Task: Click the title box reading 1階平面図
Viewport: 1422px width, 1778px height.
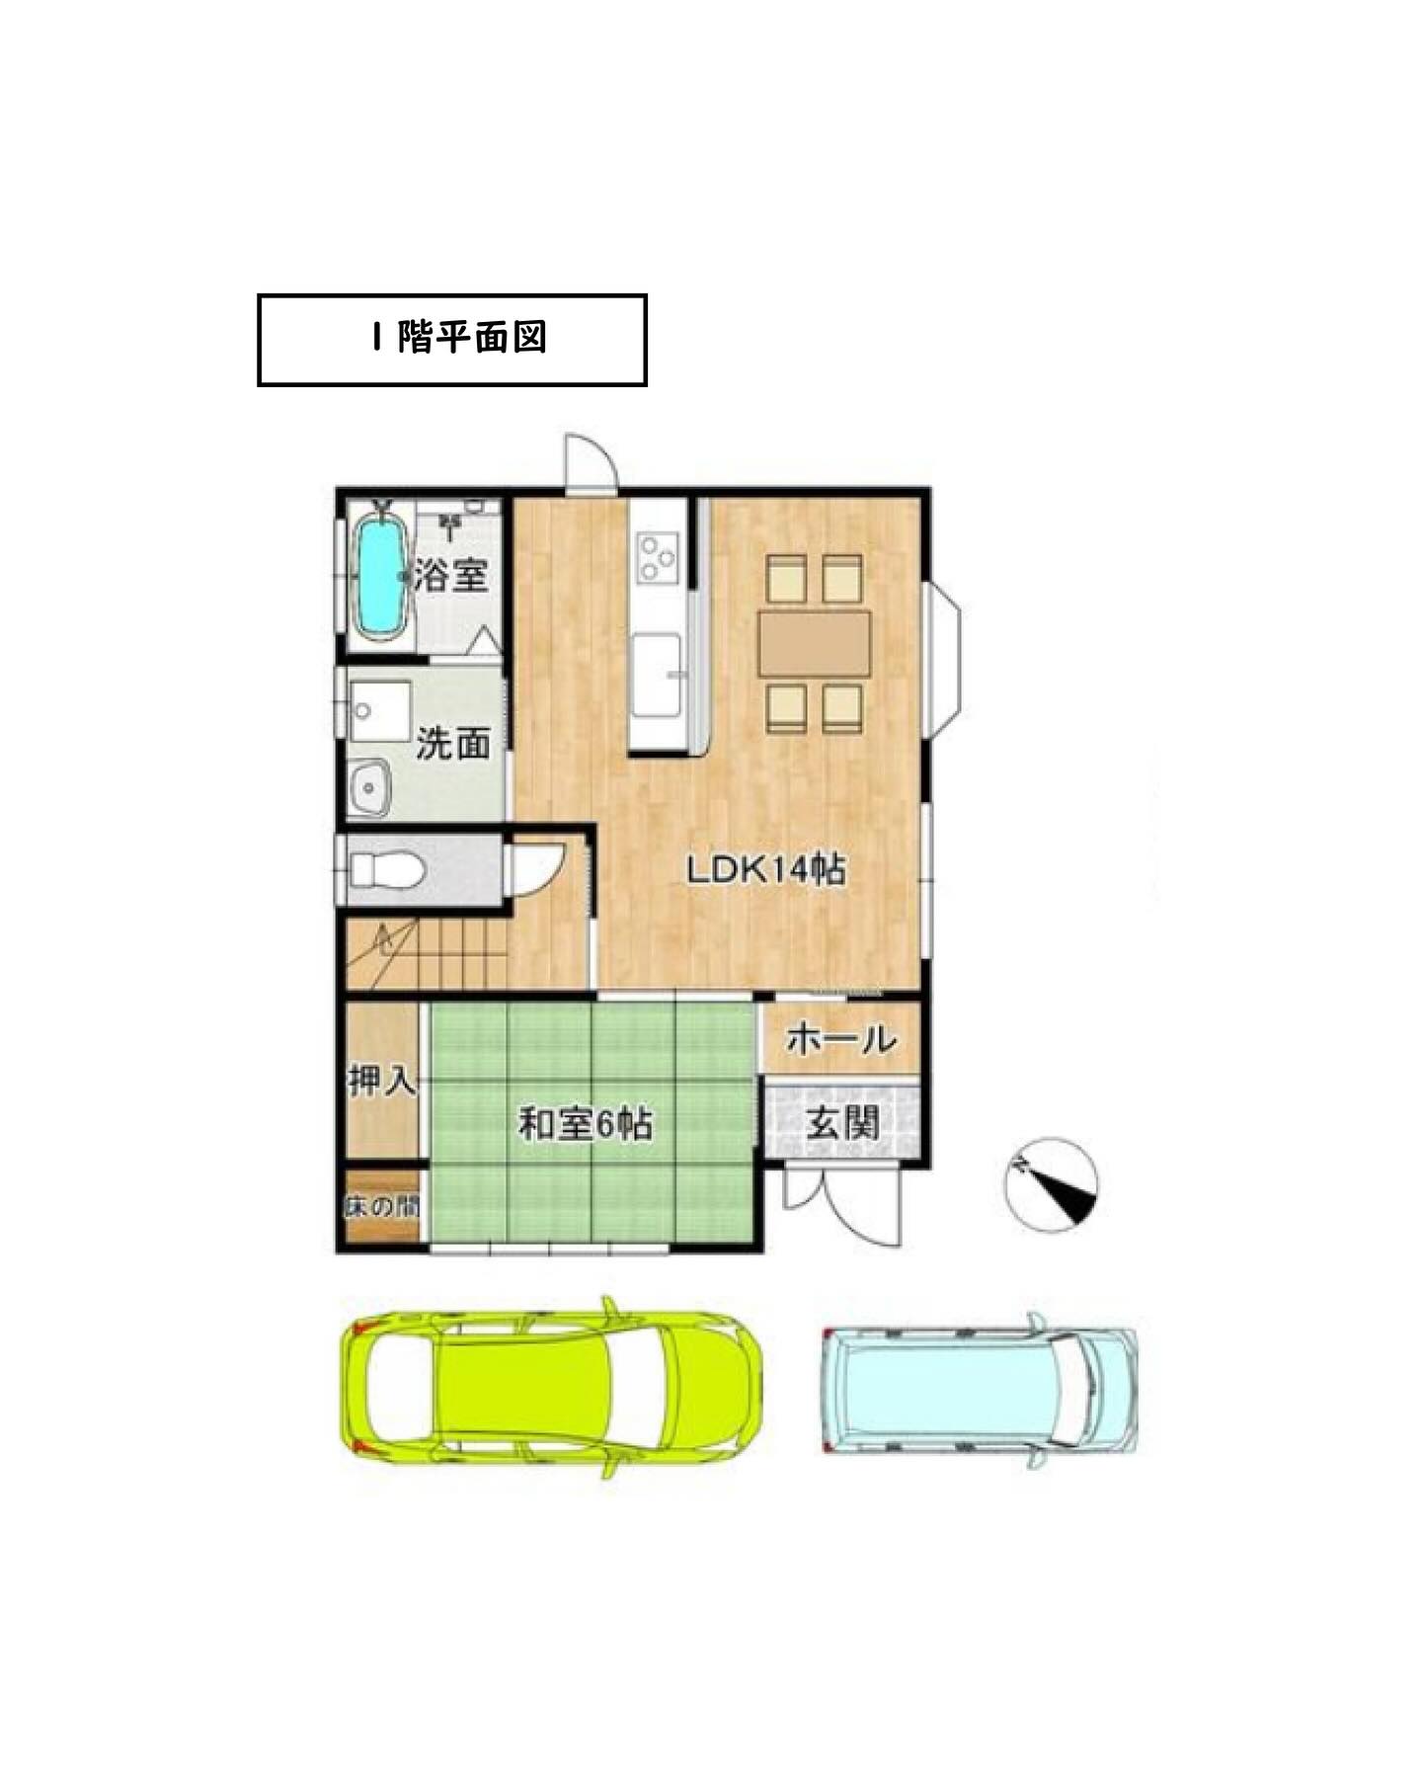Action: tap(451, 339)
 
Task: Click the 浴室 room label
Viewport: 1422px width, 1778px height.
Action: tap(451, 575)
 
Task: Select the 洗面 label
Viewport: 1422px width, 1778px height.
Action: tap(452, 743)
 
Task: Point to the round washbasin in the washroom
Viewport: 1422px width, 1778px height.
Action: tap(370, 788)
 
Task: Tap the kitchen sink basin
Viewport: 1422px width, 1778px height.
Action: tap(656, 676)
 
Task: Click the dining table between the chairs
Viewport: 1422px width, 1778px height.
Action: tap(815, 643)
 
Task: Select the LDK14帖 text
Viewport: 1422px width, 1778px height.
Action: tap(765, 869)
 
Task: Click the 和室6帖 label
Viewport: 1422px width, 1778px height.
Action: tap(585, 1124)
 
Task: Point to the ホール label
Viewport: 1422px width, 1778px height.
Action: tap(841, 1038)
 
